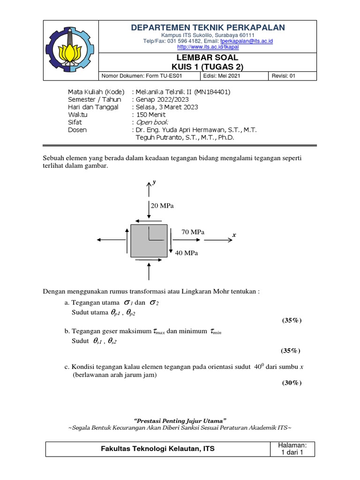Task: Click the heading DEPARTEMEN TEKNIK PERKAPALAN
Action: [x=208, y=28]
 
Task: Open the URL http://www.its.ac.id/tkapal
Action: [x=208, y=47]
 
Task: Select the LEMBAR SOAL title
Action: [x=208, y=58]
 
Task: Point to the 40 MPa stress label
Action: [x=187, y=253]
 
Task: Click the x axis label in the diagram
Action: [x=234, y=233]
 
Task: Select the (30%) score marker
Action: [x=291, y=383]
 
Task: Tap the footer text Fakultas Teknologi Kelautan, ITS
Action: [x=158, y=449]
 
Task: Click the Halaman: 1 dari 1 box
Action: [x=292, y=449]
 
